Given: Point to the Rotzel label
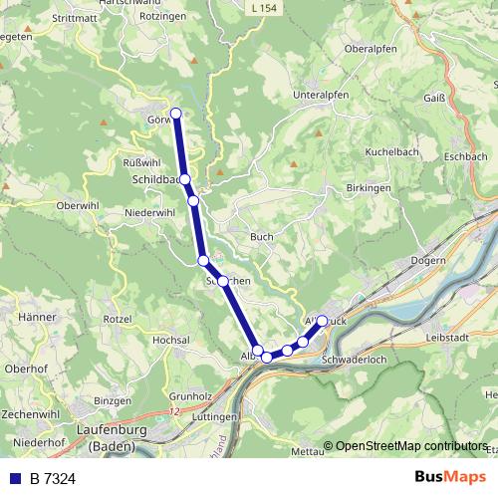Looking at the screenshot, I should click(117, 318).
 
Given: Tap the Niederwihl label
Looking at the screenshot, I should click(150, 212).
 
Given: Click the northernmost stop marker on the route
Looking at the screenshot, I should click(176, 113).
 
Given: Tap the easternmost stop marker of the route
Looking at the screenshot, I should click(322, 322).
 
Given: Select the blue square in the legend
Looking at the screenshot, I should click(15, 479).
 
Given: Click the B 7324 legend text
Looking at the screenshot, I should click(53, 479).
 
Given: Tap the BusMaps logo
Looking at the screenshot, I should click(449, 478).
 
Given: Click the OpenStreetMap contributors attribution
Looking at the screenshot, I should click(411, 445).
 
